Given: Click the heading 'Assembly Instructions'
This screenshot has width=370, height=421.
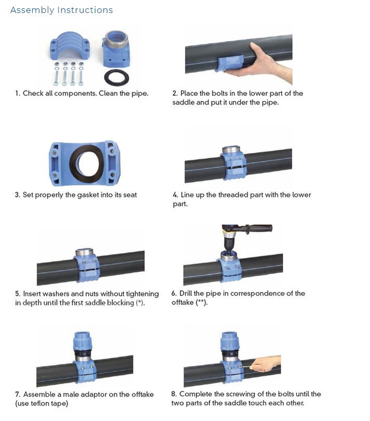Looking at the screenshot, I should pos(61,10).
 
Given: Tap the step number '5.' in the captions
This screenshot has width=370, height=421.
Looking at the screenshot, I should pos(18,294).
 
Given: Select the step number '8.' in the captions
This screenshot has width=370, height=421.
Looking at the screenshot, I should pos(175,394).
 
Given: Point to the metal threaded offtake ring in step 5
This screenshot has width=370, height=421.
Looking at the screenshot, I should pos(85,253).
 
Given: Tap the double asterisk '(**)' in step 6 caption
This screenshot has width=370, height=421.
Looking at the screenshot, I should pos(201,302).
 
